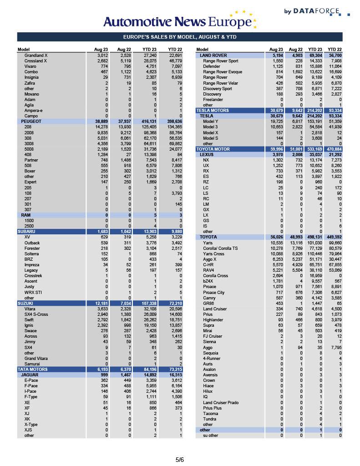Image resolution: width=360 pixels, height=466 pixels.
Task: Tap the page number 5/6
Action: coord(180,460)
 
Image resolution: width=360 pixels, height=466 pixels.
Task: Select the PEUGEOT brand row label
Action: coord(31,122)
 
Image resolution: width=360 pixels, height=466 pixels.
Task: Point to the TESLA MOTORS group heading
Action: coord(213,111)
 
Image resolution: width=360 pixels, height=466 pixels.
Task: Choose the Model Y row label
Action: coord(210,122)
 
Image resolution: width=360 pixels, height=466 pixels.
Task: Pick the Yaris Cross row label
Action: coord(213,254)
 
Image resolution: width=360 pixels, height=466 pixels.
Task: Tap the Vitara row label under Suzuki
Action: coord(30,309)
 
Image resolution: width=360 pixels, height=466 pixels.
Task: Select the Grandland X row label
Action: coord(35,56)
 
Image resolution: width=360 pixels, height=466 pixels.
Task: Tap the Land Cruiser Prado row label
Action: coord(222,402)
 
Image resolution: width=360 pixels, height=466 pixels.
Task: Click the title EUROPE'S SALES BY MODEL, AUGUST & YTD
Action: coord(180,37)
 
